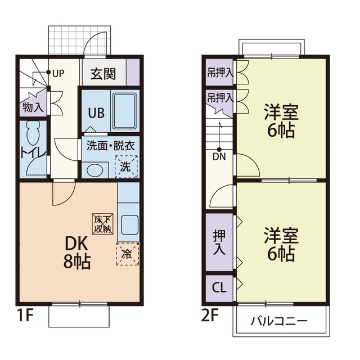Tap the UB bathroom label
pos(95,112)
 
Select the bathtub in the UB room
pos(125,111)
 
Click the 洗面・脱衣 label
pos(110,145)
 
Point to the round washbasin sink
pos(94,168)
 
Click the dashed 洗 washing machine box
pos(125,166)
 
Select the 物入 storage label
pos(33,107)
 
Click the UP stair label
pos(58,73)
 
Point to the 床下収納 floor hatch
pos(103,224)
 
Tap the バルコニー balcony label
pos(279,321)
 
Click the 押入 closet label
pos(218,241)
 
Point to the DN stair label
pos(219,157)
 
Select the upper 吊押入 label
pos(219,73)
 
